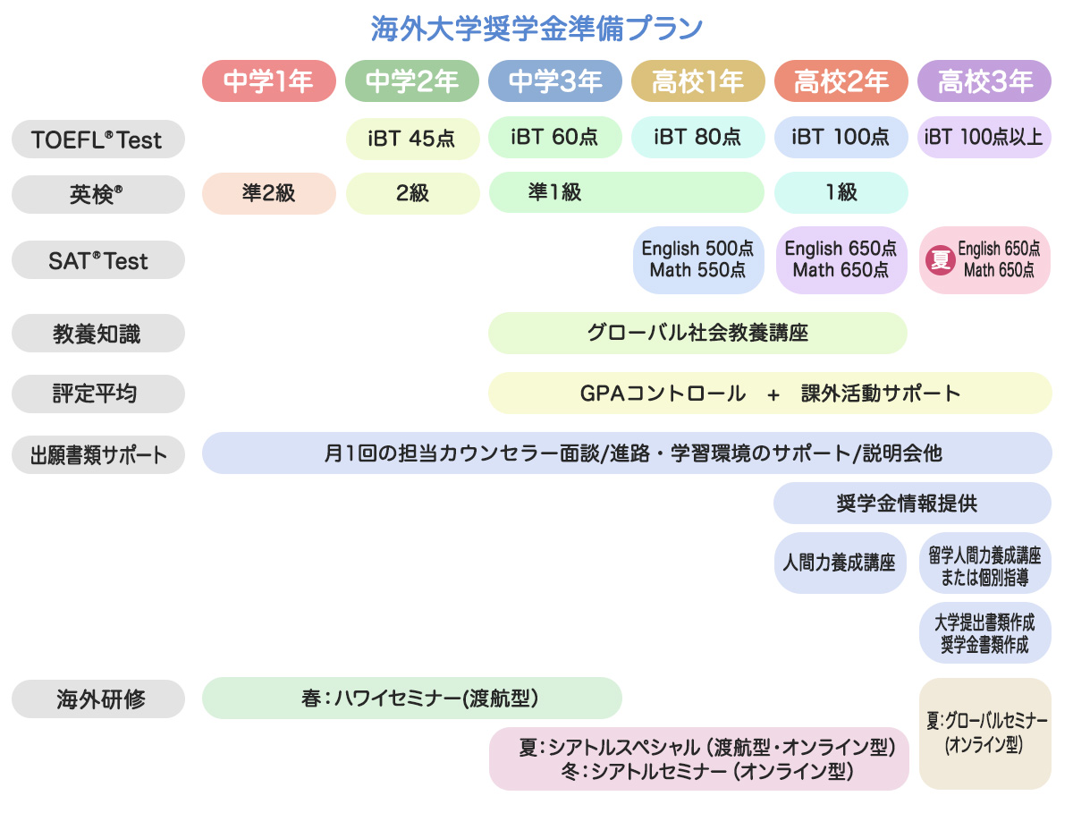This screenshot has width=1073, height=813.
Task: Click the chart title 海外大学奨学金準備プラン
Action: [x=536, y=28]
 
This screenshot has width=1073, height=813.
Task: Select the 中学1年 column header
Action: [x=268, y=81]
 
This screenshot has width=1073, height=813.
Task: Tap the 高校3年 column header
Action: [x=984, y=81]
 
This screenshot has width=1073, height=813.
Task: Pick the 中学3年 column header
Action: [x=555, y=81]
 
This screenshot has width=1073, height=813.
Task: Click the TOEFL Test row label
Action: [x=97, y=139]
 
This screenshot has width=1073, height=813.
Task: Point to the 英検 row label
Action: [x=97, y=193]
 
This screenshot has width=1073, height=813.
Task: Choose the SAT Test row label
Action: [x=97, y=261]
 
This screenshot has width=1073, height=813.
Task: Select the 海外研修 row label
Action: [x=97, y=699]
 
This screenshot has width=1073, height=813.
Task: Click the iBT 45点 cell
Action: [x=412, y=138]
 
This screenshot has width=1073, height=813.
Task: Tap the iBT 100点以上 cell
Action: [x=984, y=138]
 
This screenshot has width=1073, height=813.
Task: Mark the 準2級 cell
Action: [x=268, y=193]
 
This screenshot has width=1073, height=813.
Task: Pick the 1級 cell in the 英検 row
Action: [x=841, y=193]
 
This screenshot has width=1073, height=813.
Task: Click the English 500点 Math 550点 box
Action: [x=698, y=259]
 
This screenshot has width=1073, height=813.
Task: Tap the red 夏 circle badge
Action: [x=940, y=260]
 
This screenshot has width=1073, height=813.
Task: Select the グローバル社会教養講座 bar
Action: [x=697, y=333]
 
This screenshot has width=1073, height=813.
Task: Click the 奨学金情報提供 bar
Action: [x=912, y=503]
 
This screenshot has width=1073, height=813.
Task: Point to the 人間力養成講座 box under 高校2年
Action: [x=840, y=563]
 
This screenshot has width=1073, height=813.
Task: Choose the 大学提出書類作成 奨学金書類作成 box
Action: [x=984, y=632]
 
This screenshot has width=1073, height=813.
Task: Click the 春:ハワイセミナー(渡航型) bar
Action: [x=411, y=698]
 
